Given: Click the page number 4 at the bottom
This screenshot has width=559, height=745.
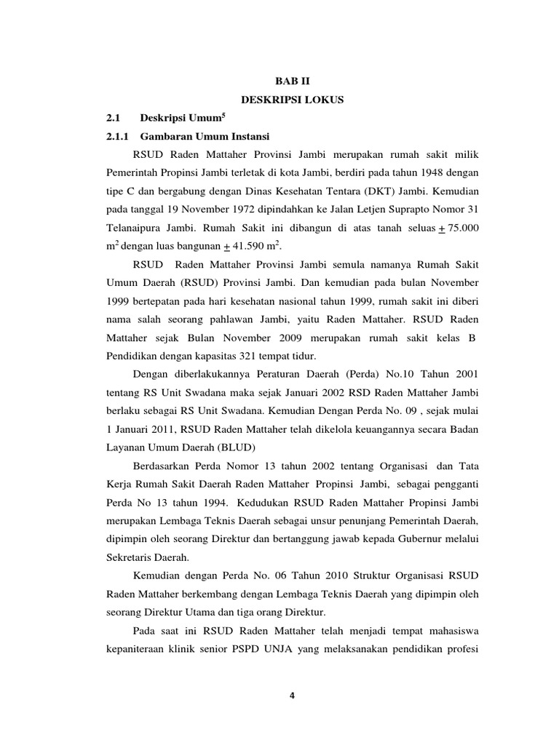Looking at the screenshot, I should pos(292,695).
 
